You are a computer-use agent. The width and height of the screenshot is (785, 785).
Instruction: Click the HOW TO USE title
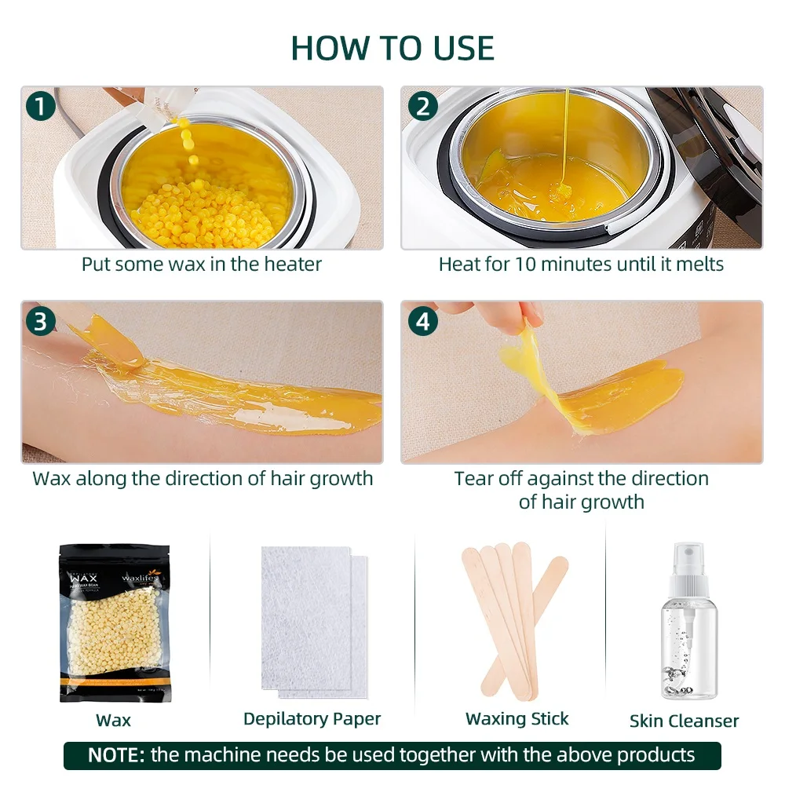392,48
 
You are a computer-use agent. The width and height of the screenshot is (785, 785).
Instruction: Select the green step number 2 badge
423,107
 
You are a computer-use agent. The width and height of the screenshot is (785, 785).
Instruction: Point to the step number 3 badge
42,321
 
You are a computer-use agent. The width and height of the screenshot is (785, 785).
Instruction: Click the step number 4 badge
423,321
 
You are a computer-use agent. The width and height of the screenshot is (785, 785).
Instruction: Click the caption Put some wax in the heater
202,264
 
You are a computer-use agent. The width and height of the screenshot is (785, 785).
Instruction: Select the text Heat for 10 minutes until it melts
581,264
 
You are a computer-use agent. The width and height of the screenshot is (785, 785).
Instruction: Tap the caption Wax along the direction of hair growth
203,478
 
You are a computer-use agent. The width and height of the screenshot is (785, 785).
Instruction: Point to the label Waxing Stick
517,718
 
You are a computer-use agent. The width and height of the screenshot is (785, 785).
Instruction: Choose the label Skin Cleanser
684,721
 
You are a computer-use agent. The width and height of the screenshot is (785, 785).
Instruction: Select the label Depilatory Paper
312,718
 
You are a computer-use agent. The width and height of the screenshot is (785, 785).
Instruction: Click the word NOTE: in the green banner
116,755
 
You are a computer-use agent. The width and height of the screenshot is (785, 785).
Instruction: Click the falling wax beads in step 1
188,145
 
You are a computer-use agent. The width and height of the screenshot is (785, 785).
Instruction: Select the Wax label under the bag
113,720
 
